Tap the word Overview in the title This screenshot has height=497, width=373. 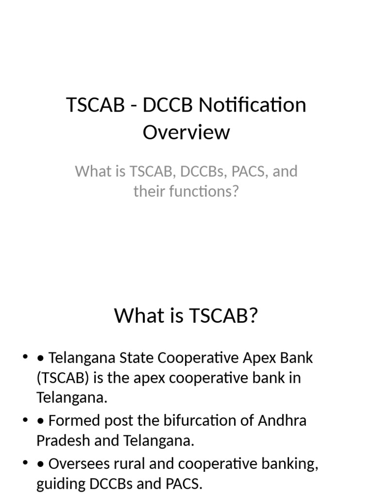coord(186,132)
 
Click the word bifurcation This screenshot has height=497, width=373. coord(189,420)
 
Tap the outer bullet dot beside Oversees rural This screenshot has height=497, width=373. coord(25,464)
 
